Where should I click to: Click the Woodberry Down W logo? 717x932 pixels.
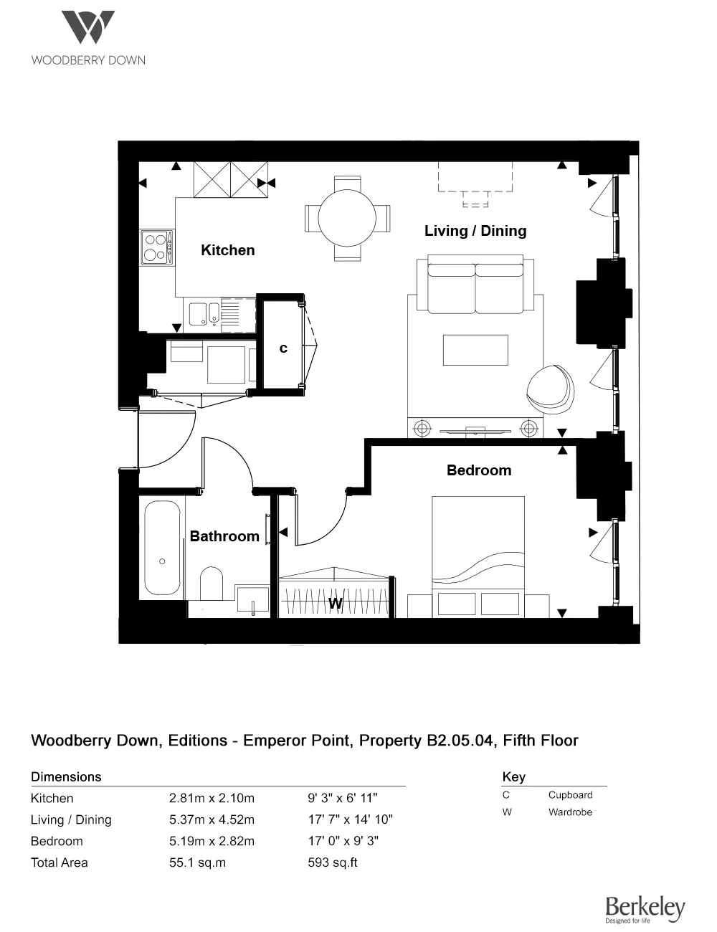coord(87,28)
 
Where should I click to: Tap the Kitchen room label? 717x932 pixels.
coord(227,250)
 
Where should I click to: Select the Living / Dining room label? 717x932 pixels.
coord(475,231)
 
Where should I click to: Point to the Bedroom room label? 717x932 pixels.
coord(478,470)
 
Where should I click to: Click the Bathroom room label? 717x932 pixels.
coord(224,536)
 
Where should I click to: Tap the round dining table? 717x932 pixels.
coord(347,219)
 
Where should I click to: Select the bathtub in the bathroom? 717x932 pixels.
coord(162,548)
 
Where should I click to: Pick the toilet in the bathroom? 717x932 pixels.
coord(212,583)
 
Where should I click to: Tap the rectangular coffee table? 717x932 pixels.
coord(475,350)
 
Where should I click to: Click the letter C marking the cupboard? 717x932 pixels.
coord(283,348)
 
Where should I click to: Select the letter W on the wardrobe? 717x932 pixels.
coord(335,604)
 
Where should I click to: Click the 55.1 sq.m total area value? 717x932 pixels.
coord(197,862)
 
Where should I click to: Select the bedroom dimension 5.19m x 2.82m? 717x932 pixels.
coord(212,841)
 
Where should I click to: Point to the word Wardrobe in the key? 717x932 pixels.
coord(570,812)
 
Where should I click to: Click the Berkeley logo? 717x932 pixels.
coord(645,908)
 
